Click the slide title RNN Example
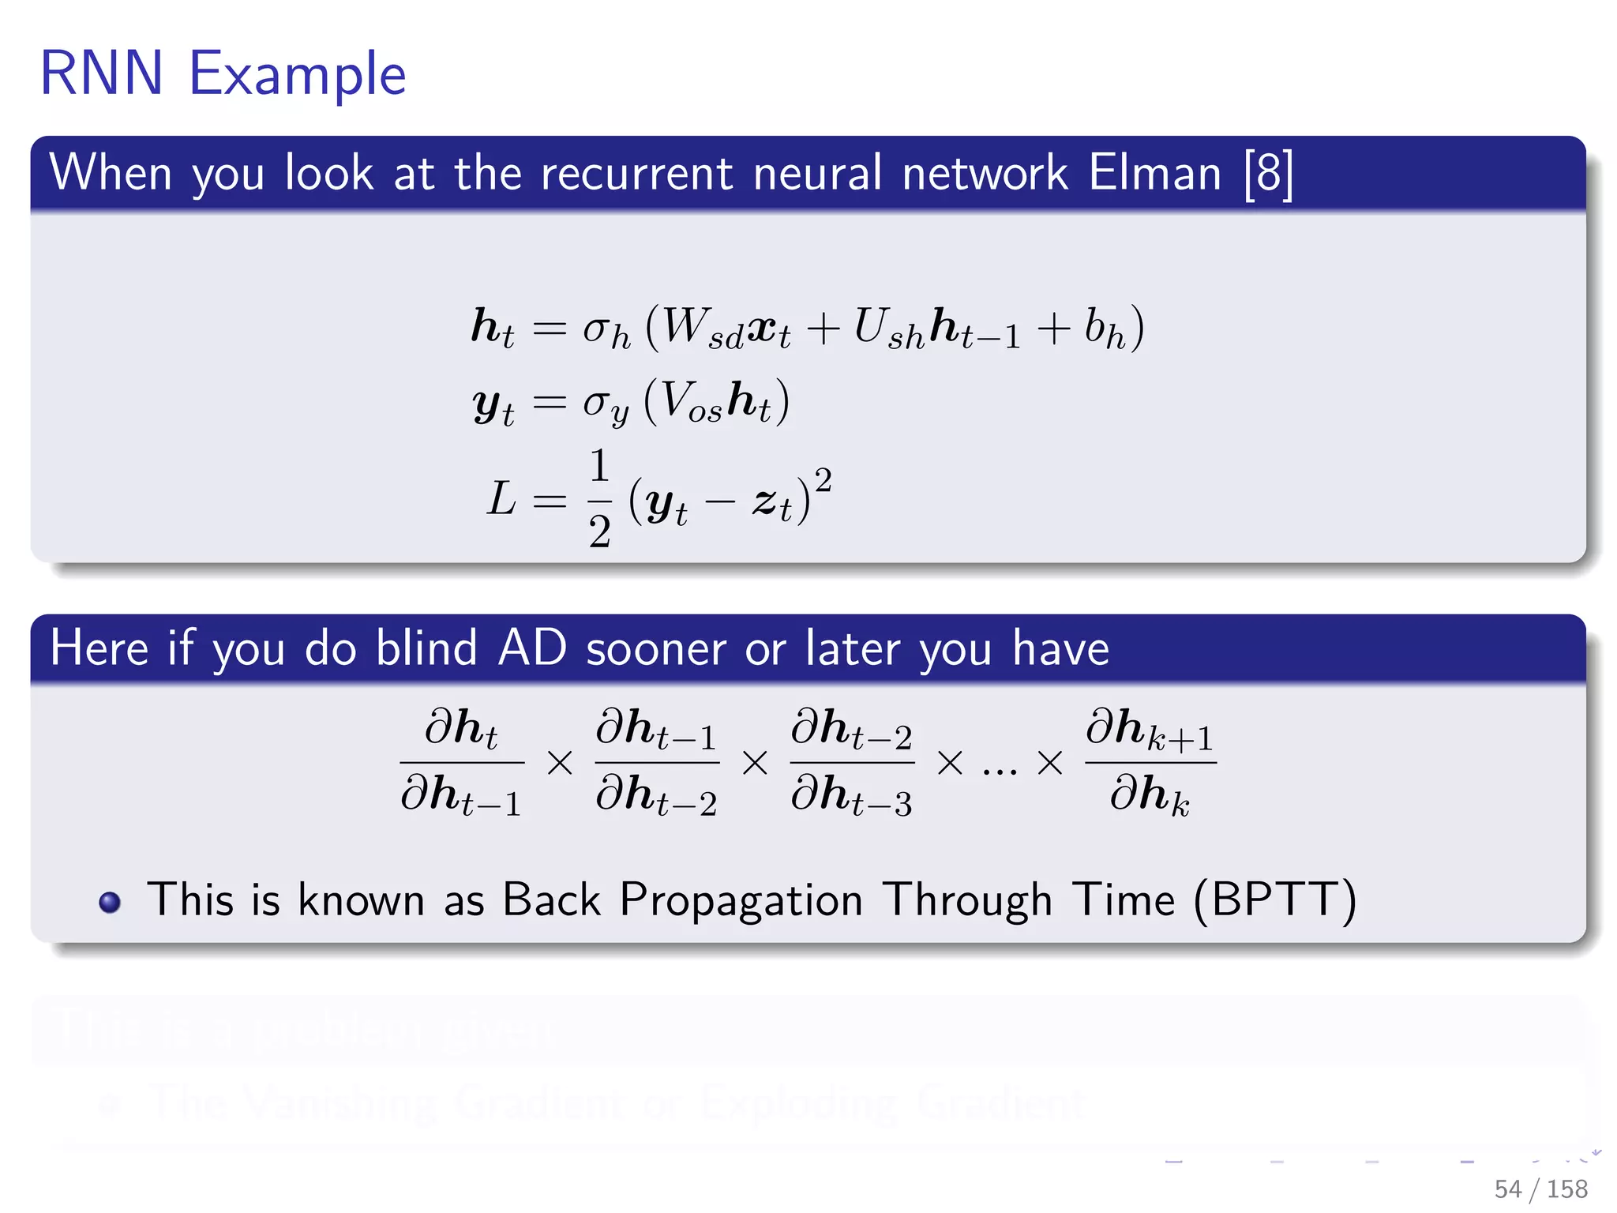point(223,73)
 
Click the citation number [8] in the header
point(1268,173)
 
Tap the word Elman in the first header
point(1154,173)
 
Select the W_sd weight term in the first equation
point(701,328)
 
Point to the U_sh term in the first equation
point(888,328)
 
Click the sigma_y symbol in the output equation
point(605,404)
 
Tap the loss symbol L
point(501,500)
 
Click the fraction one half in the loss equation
point(599,498)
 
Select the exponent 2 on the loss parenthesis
point(823,479)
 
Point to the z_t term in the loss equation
point(771,503)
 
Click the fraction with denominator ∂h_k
point(1150,762)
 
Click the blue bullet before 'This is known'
point(110,902)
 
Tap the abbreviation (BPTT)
point(1274,899)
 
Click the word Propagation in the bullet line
point(741,900)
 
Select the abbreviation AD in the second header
point(532,648)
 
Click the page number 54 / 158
point(1540,1189)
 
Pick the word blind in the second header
point(426,648)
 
